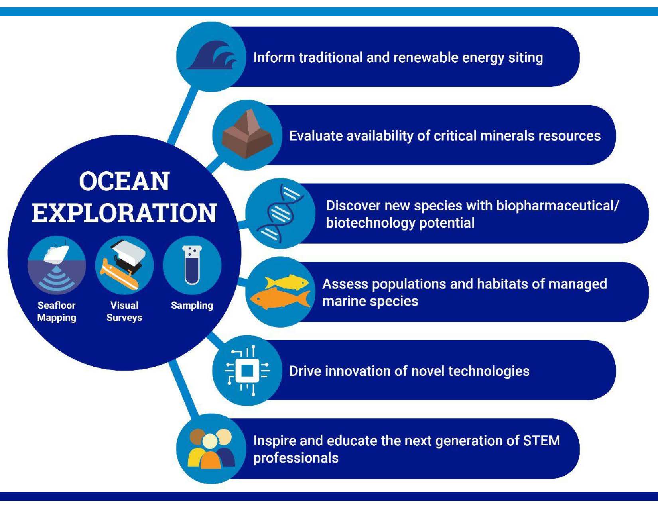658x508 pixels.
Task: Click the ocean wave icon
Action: (x=212, y=55)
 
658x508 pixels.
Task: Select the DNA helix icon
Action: (x=280, y=213)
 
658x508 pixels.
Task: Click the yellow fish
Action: (x=286, y=282)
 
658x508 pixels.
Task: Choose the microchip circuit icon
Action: (x=247, y=370)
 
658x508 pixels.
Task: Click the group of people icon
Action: (x=211, y=448)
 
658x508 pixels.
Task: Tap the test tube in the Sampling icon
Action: (x=192, y=265)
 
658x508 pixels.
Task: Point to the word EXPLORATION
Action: (x=124, y=213)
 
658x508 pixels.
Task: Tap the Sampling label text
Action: (x=192, y=305)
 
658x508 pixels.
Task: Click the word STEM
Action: (x=542, y=441)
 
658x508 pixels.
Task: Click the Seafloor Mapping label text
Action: (x=57, y=311)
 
